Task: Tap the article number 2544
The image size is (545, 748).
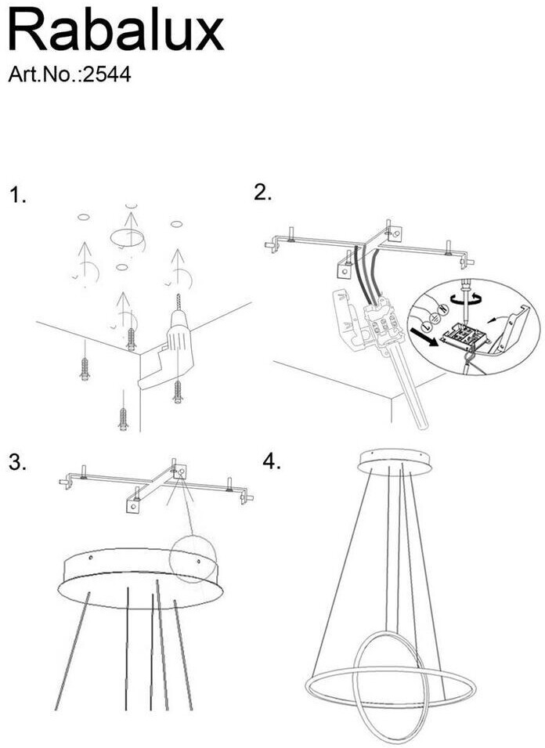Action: tap(106, 74)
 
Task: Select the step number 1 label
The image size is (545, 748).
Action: tap(18, 196)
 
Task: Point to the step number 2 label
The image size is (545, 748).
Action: tap(263, 192)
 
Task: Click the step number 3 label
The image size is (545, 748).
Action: tap(18, 463)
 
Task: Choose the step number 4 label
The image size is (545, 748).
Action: tap(271, 462)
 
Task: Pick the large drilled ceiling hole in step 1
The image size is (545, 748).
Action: tap(128, 237)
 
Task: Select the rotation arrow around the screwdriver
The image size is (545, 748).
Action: tap(464, 299)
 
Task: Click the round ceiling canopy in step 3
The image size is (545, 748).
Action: tap(141, 578)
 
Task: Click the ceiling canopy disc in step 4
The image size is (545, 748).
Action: tap(395, 461)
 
